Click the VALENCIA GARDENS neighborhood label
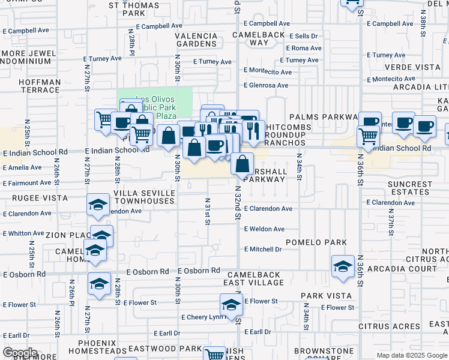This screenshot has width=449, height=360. (196, 40)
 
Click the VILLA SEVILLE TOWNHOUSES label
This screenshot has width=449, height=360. (145, 197)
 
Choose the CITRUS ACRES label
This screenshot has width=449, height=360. (389, 327)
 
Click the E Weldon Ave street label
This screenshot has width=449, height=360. (264, 229)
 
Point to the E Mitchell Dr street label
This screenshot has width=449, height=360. (263, 249)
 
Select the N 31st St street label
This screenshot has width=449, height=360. (208, 211)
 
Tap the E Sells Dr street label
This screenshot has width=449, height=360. (303, 37)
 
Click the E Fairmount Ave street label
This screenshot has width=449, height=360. (27, 183)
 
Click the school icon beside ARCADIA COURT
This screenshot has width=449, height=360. (343, 266)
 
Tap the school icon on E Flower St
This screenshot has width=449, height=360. (231, 305)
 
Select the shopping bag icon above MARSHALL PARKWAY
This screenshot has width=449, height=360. (242, 163)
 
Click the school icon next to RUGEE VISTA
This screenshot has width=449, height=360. (98, 205)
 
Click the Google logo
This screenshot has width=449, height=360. (19, 353)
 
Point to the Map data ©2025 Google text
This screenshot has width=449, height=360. (412, 355)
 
